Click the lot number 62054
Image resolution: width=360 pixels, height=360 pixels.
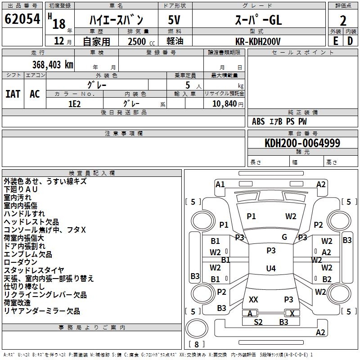22,19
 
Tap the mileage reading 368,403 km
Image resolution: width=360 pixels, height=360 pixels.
52,64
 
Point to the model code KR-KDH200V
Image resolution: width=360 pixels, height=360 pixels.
258,41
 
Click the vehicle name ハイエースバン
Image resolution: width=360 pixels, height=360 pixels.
116,20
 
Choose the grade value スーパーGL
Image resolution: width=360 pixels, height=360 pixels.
258,20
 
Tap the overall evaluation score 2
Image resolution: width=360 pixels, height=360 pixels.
343,21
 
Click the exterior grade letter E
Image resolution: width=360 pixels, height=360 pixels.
335,41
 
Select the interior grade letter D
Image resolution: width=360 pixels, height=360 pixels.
350,41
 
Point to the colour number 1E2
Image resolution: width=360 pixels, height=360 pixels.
74,103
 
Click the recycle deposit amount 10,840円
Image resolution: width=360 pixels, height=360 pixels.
224,103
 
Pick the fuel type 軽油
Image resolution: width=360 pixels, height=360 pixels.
175,41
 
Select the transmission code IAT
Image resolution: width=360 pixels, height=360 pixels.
13,94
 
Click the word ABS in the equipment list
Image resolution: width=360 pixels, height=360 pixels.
258,121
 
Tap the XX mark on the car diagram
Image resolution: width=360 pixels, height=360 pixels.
253,299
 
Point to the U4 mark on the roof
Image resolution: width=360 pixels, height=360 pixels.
270,269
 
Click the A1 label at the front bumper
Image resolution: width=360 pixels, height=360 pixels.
220,184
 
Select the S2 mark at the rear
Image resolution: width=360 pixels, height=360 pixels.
258,322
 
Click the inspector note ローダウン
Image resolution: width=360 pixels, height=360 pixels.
21,262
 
